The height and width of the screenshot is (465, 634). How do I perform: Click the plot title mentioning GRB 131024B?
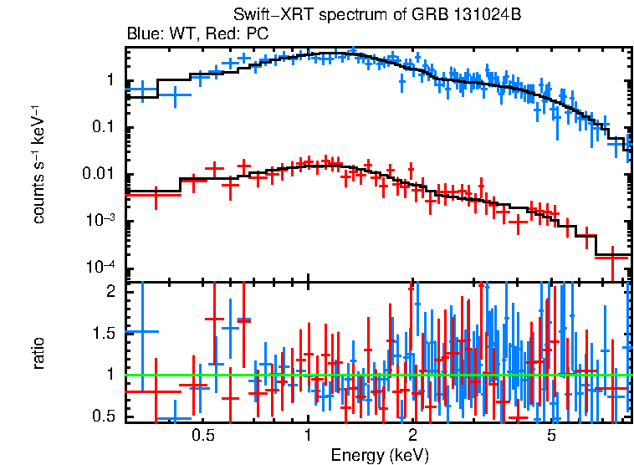[379, 17]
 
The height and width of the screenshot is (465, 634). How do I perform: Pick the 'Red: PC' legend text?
[238, 34]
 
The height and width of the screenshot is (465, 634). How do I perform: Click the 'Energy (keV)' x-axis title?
[379, 455]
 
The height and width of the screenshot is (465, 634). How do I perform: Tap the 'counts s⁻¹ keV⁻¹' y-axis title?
[38, 166]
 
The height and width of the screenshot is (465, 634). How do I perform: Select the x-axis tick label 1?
[308, 436]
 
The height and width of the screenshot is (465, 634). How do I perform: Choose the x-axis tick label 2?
[413, 436]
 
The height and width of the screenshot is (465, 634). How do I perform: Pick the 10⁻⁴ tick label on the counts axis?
[103, 268]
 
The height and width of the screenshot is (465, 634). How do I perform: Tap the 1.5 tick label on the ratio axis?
[104, 334]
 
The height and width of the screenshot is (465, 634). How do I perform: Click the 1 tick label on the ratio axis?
[110, 375]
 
